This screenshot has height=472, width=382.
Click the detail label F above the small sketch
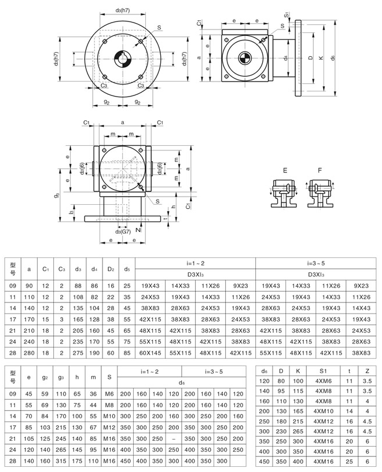click(320, 171)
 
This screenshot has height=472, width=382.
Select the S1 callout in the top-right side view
click(287, 15)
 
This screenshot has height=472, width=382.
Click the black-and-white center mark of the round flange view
click(123, 59)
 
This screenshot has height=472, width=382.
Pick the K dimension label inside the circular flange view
click(77, 59)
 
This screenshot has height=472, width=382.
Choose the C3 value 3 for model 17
click(61, 319)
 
